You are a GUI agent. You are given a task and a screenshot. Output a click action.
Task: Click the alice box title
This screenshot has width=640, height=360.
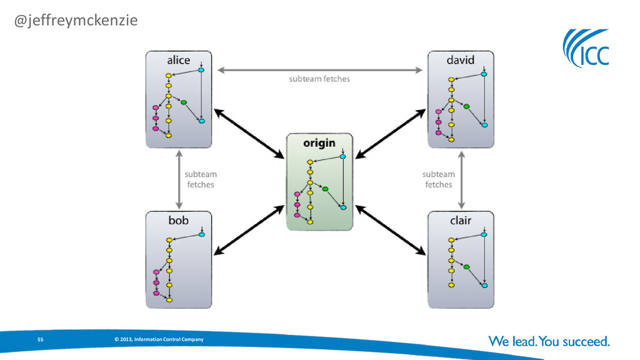(178, 61)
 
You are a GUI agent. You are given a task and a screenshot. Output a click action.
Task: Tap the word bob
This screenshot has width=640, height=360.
(178, 221)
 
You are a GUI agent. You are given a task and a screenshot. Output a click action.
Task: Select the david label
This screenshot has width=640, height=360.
(460, 61)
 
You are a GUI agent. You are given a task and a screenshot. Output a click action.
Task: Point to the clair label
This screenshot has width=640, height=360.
(461, 221)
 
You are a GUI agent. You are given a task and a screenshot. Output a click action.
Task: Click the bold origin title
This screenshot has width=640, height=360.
(319, 143)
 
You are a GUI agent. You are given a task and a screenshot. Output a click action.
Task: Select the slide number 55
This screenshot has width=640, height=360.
(40, 339)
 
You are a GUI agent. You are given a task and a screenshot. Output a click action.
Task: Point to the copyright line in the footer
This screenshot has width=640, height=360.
(159, 339)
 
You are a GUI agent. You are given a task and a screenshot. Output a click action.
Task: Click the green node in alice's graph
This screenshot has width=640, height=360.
(184, 102)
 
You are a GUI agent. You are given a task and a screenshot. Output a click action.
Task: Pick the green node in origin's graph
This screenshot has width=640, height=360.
(325, 189)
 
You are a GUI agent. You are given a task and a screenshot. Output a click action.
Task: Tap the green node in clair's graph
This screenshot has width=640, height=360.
(466, 267)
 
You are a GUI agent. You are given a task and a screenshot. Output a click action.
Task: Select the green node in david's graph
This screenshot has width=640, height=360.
(466, 106)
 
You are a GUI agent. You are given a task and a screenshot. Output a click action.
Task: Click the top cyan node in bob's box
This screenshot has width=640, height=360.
(201, 235)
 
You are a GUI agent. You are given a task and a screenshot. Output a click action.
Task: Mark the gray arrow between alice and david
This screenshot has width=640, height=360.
(319, 70)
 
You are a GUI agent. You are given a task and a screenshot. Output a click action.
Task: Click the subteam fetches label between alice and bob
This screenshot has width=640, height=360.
(200, 179)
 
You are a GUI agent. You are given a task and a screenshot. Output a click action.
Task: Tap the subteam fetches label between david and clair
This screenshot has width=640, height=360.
(438, 179)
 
